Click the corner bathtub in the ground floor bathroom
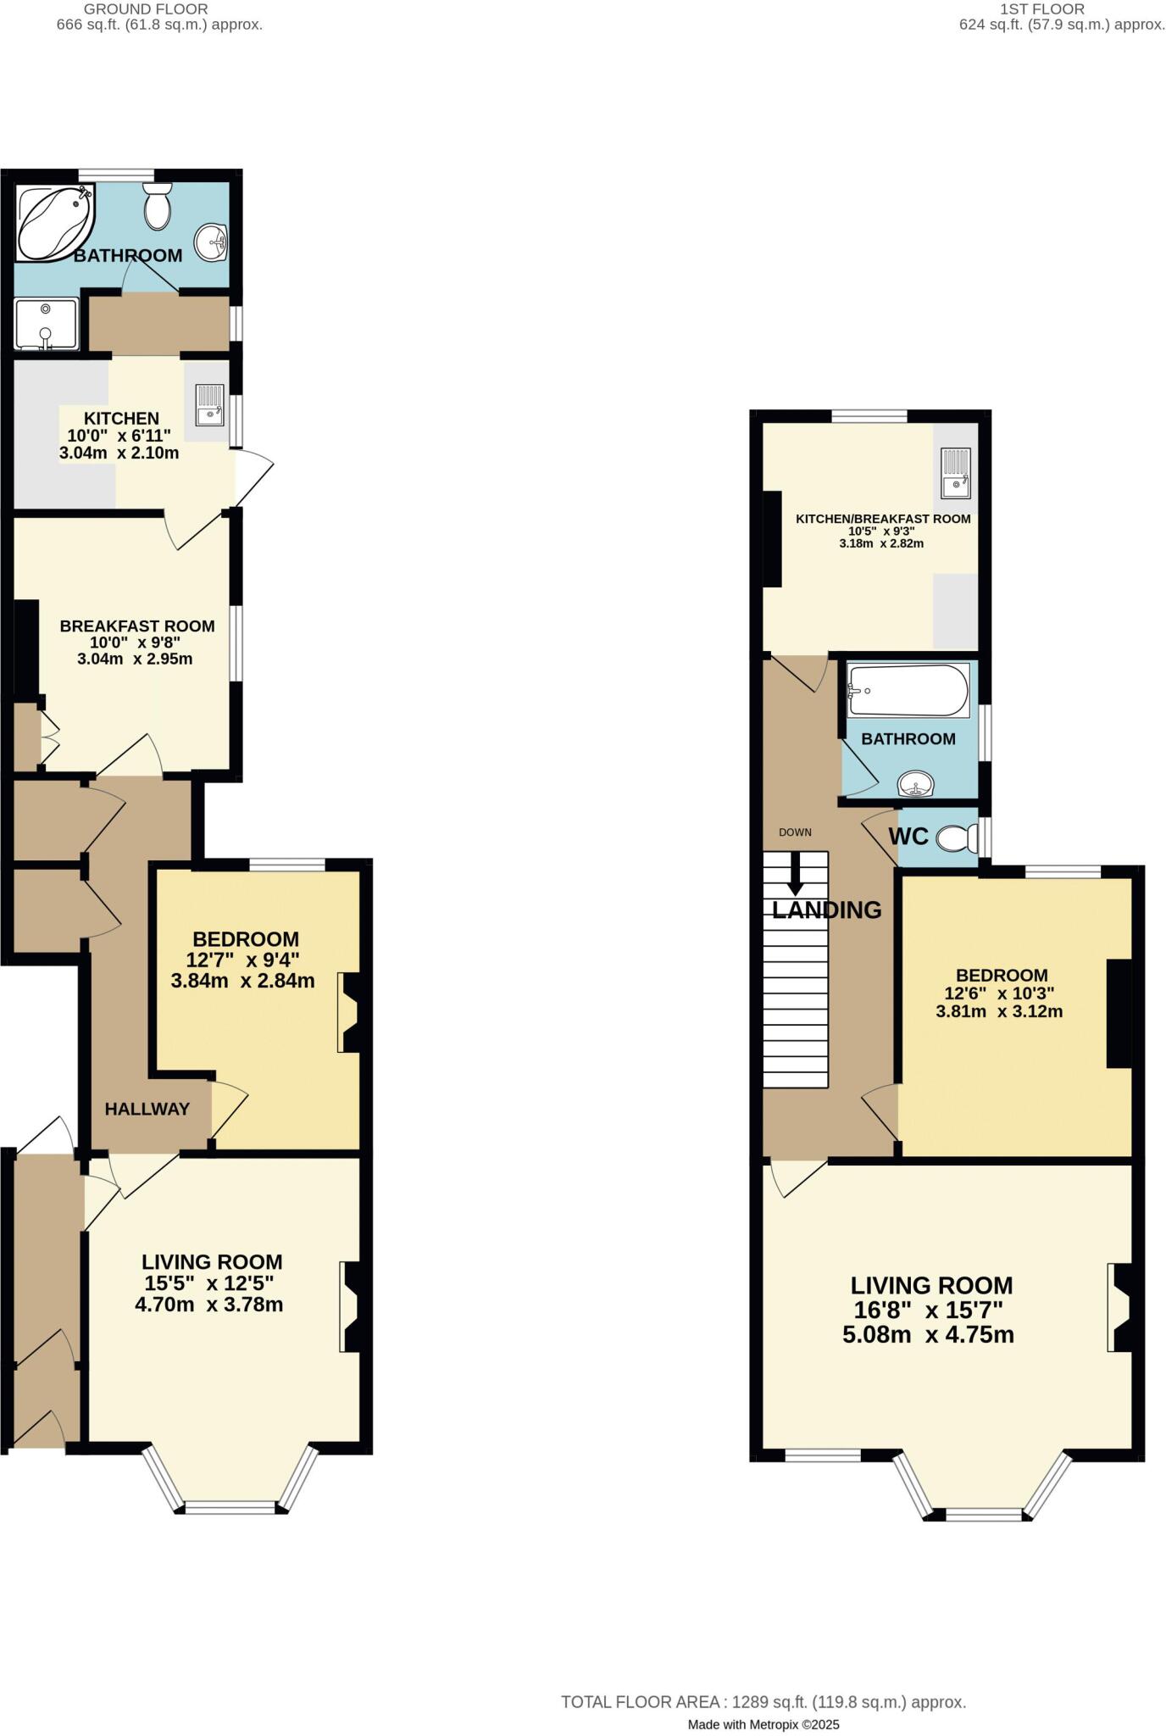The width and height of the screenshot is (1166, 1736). click(x=53, y=222)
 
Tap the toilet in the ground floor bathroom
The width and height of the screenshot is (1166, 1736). click(x=158, y=207)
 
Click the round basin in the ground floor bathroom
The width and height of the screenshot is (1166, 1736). click(x=210, y=243)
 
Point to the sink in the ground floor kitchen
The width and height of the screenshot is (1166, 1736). click(x=208, y=404)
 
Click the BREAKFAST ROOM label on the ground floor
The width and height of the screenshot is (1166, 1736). click(x=136, y=626)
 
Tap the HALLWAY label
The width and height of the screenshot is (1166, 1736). click(x=147, y=1109)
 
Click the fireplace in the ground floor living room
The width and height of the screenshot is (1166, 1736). click(x=350, y=1306)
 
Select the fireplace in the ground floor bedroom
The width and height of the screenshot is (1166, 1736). click(x=348, y=1012)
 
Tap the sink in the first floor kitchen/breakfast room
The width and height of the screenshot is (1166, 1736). click(x=956, y=473)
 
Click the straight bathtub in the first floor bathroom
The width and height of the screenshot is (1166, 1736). click(x=908, y=690)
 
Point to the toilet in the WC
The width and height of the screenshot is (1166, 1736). click(x=954, y=837)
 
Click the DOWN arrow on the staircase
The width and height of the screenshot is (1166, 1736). click(x=795, y=873)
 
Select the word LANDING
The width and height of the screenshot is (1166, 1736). click(x=826, y=910)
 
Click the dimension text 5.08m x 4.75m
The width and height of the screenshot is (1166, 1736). click(x=928, y=1335)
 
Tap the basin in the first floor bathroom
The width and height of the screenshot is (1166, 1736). click(x=914, y=785)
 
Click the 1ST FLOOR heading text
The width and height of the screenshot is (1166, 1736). click(x=1042, y=9)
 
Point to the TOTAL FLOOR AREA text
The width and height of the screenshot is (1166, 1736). click(x=763, y=1678)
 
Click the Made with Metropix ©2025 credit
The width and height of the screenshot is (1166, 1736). click(x=763, y=1701)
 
